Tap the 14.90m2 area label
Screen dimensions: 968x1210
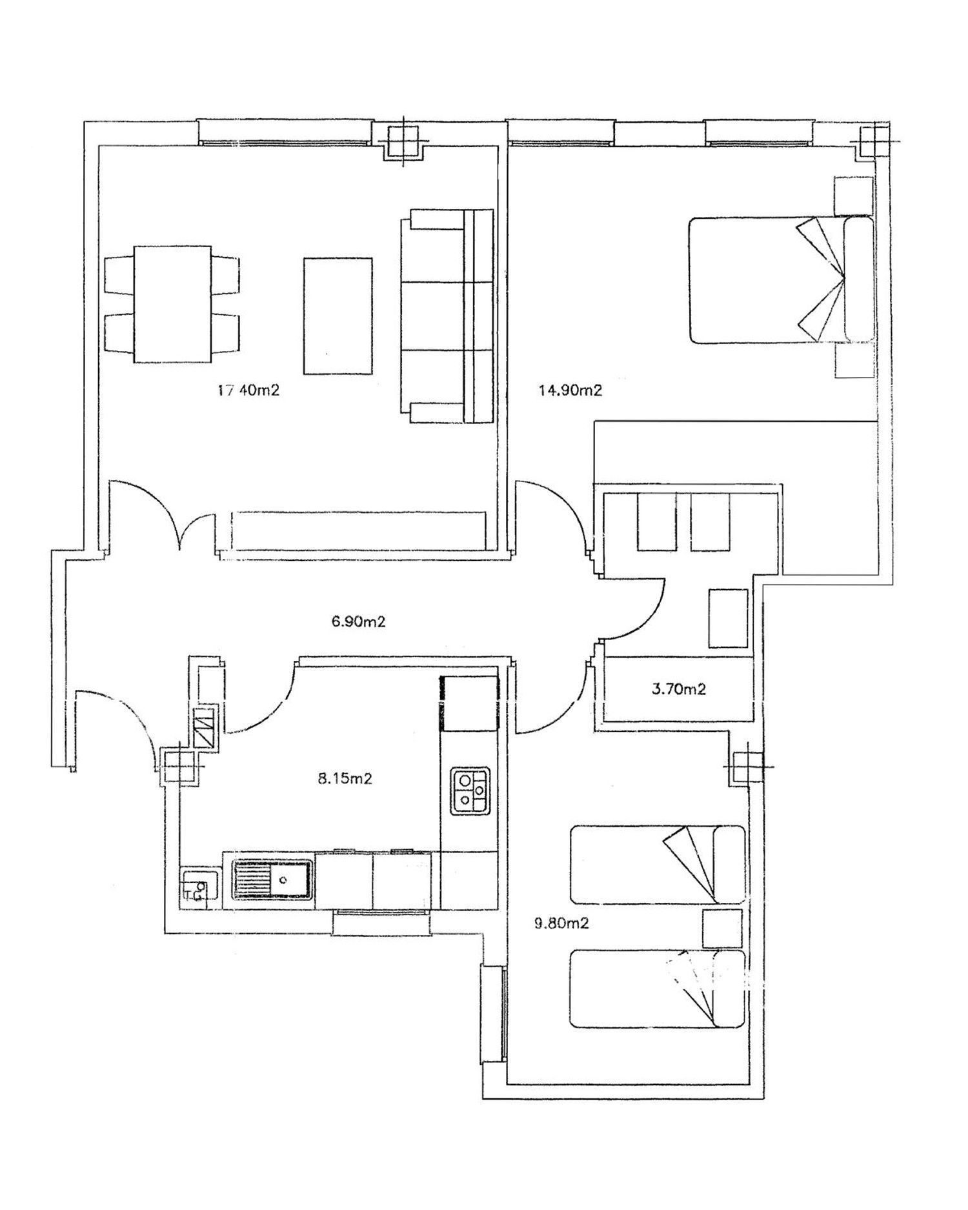(x=570, y=390)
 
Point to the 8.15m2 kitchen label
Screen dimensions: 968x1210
(x=345, y=779)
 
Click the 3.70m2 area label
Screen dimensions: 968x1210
(x=678, y=689)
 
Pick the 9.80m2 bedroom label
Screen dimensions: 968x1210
(x=561, y=923)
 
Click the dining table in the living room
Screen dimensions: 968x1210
(x=172, y=303)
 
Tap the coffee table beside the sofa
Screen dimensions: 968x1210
(x=338, y=316)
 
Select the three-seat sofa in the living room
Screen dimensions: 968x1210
(x=447, y=316)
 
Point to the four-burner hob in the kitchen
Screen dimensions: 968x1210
(x=470, y=791)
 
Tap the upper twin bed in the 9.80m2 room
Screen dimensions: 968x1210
(x=658, y=864)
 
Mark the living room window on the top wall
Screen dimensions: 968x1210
(x=285, y=132)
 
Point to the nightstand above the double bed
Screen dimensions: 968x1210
(x=853, y=196)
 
